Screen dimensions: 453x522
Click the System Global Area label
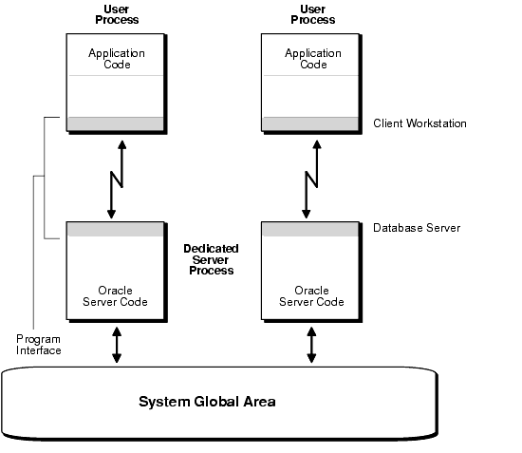pos(207,401)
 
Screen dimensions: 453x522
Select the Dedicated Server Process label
pos(210,259)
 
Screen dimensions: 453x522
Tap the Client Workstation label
pos(419,124)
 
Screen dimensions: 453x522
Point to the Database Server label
pos(416,228)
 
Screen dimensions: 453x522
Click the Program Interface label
pos(39,345)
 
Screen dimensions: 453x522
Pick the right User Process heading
pos(311,13)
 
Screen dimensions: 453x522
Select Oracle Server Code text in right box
pos(311,296)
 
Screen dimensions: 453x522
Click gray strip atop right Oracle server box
pos(311,229)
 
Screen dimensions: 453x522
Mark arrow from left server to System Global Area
pos(117,345)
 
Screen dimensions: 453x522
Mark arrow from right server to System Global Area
pos(311,345)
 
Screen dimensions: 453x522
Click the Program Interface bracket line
pos(34,256)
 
